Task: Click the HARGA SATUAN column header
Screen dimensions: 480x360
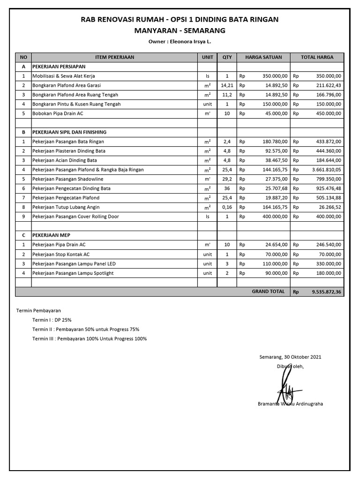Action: click(263, 57)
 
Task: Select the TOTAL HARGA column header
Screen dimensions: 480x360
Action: click(317, 57)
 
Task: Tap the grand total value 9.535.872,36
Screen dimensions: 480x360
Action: click(327, 292)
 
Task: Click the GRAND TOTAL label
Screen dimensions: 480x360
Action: click(268, 291)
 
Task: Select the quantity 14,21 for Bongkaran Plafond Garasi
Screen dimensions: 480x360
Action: click(227, 85)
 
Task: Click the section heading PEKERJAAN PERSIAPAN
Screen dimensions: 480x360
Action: click(59, 67)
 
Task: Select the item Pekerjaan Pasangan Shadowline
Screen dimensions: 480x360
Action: click(67, 179)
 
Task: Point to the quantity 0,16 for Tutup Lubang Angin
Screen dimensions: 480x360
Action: click(227, 207)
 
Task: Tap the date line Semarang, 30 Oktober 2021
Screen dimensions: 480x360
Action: click(290, 357)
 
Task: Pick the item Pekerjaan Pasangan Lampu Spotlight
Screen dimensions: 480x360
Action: click(73, 273)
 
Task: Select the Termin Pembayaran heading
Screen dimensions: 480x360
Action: click(38, 310)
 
